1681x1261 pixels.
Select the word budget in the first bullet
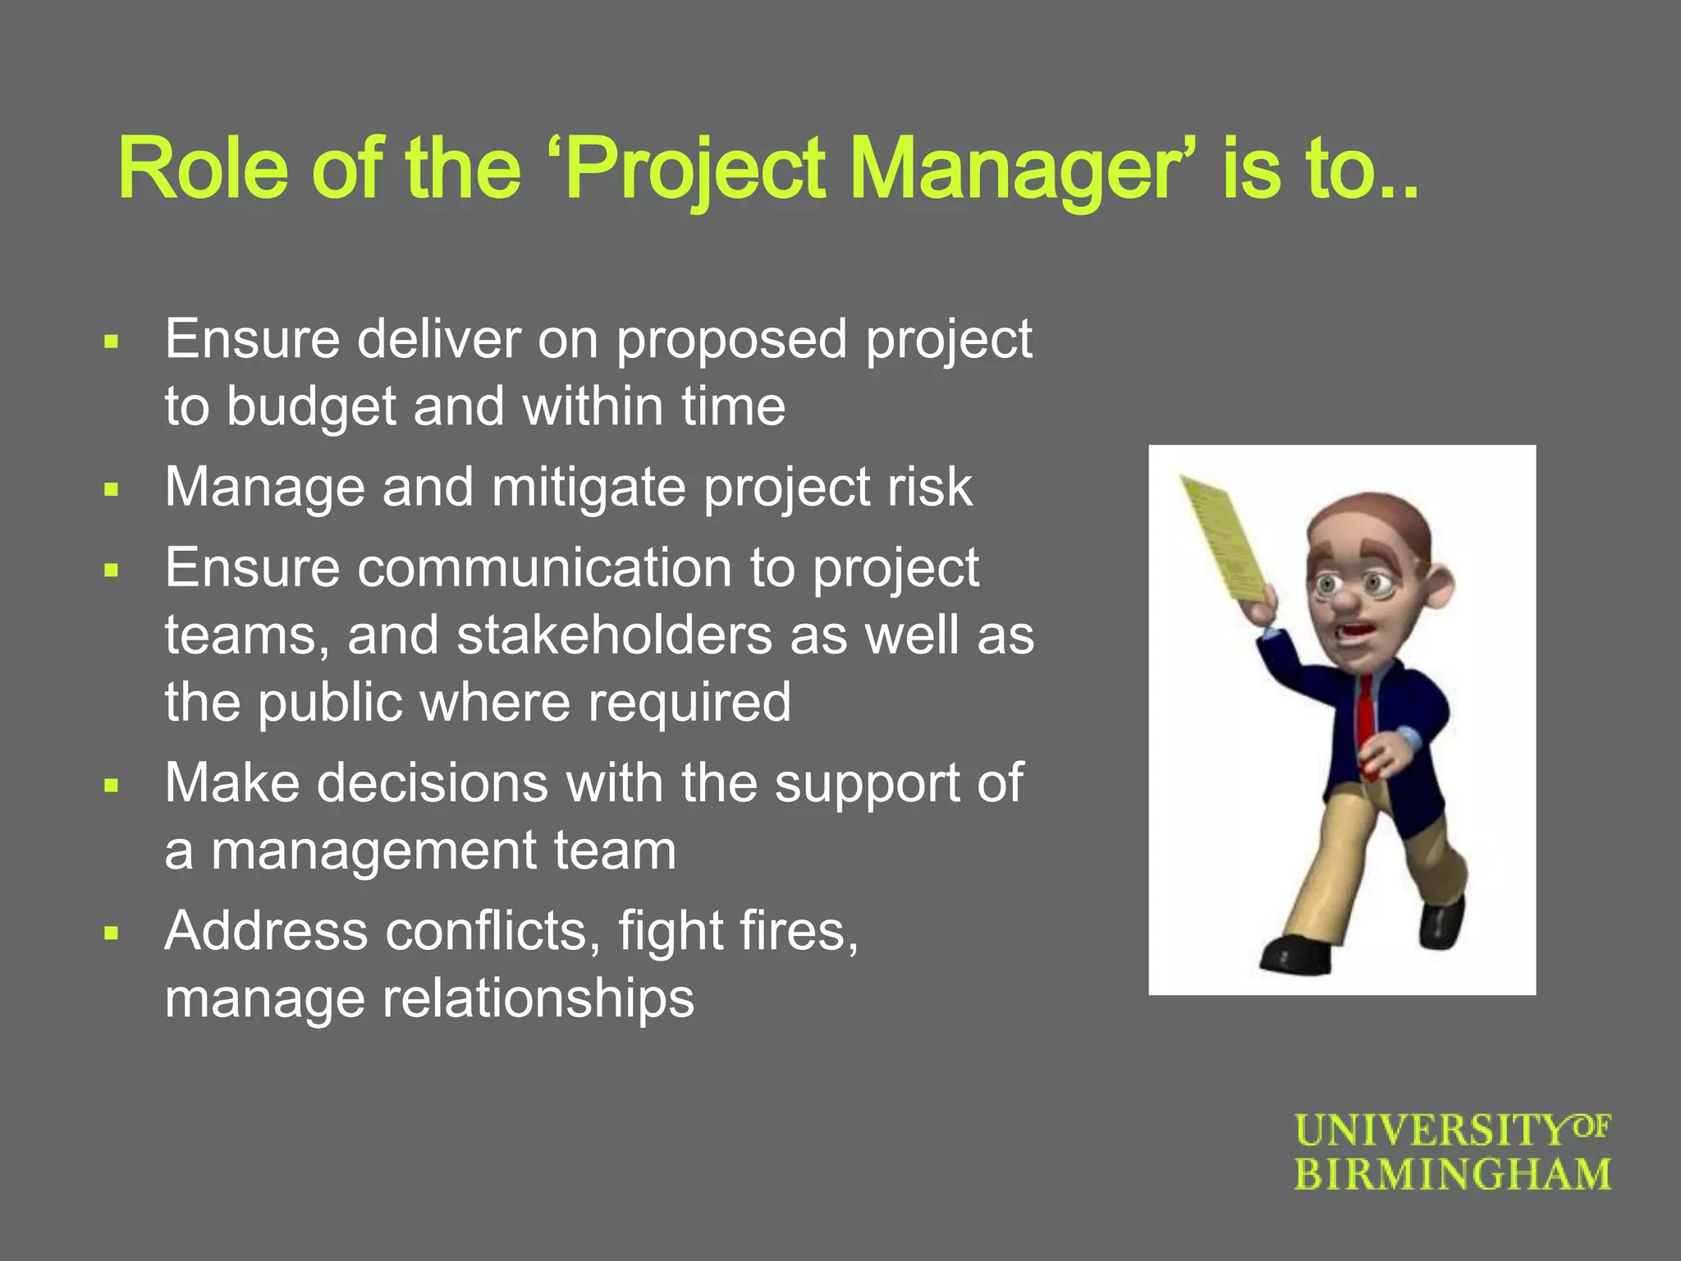[x=311, y=406]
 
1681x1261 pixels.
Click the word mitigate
[x=588, y=487]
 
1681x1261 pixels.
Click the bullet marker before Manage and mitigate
[x=112, y=491]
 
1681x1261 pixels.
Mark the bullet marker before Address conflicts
[x=112, y=933]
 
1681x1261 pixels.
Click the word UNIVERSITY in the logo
[x=1432, y=1130]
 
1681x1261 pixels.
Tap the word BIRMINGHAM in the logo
[x=1453, y=1174]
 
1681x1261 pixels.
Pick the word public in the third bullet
[x=330, y=703]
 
